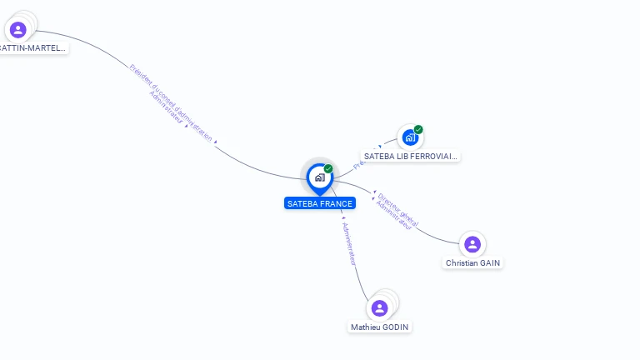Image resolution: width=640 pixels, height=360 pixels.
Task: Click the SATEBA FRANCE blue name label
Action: click(320, 203)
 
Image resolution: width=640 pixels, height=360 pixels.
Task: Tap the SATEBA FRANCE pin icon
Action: click(319, 177)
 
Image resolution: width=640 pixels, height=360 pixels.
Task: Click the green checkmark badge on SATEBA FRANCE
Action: click(328, 169)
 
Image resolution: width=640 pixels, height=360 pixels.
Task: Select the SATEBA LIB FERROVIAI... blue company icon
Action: click(410, 137)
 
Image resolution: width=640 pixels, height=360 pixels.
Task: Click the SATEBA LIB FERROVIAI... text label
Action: click(411, 156)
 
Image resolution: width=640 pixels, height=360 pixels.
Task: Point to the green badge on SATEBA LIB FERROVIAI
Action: click(418, 129)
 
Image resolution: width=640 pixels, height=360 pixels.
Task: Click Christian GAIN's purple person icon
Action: click(472, 244)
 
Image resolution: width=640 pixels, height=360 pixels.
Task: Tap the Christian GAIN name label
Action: click(473, 262)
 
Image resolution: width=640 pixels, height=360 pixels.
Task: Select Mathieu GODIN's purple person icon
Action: click(380, 308)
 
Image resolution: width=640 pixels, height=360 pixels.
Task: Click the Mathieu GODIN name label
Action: click(380, 327)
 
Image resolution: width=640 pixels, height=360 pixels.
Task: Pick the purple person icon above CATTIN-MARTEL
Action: click(18, 30)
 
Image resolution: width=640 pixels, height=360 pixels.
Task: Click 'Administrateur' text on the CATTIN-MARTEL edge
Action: click(166, 108)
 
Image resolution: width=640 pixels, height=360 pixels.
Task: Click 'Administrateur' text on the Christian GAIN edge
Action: click(394, 215)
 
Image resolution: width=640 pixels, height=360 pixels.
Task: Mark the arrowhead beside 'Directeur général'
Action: click(374, 193)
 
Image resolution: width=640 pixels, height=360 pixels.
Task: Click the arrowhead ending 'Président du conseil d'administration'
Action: click(216, 142)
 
